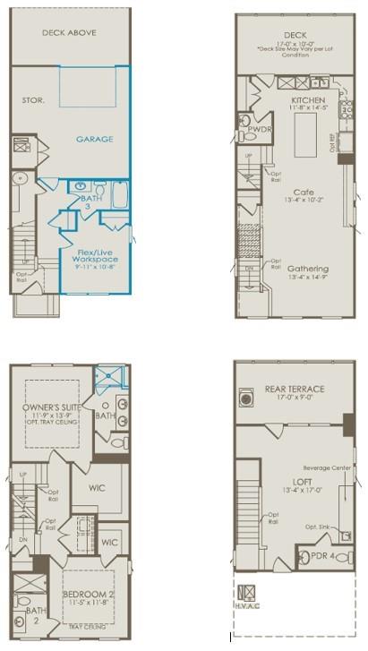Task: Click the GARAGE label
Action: click(x=93, y=141)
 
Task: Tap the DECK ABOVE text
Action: click(x=69, y=33)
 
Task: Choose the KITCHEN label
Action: click(x=308, y=100)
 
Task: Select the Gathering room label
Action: click(x=307, y=269)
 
